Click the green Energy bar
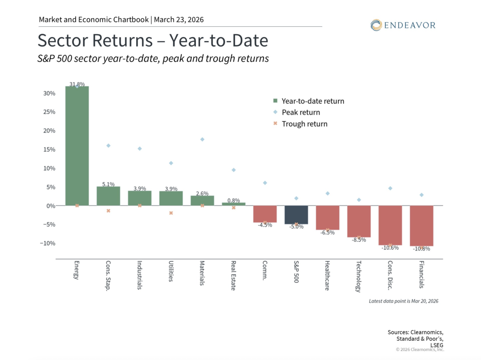point(77,146)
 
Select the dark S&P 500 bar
point(296,214)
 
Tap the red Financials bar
point(421,225)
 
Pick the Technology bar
point(359,221)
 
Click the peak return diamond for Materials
point(202,139)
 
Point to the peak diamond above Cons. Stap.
point(109,146)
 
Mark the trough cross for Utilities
point(171,213)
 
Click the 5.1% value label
point(109,184)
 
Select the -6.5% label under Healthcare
point(327,232)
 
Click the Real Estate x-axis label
point(233,276)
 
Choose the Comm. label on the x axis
point(265,270)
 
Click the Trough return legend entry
point(304,124)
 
